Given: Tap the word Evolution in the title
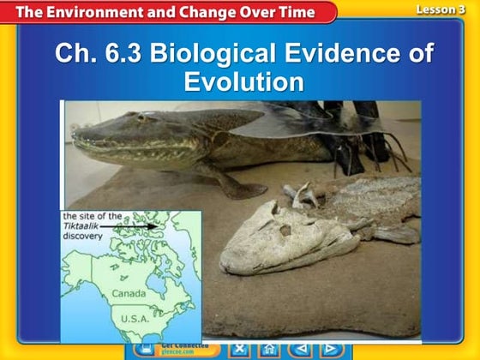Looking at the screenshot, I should [243, 82].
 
